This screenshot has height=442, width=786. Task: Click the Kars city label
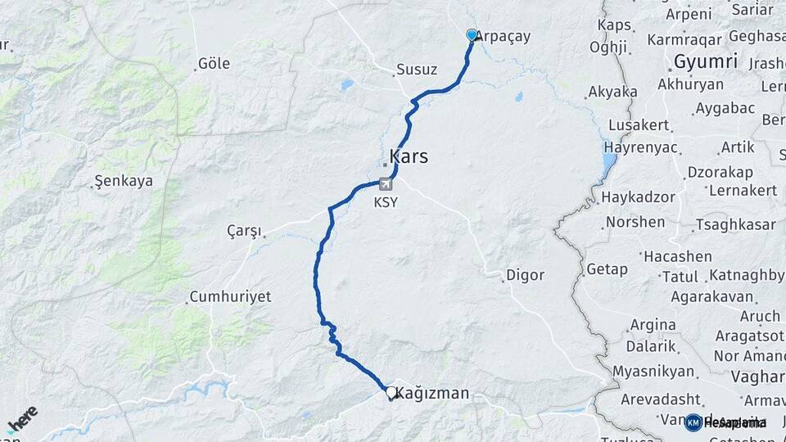pos(409,156)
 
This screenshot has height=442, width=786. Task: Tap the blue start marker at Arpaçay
pos(472,34)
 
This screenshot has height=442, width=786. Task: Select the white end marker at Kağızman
pos(391,393)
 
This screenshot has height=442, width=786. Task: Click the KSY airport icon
pos(385,185)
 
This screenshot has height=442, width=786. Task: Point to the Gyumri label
pos(705,61)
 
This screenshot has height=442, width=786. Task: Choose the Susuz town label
pos(416,70)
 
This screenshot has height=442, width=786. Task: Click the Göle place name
pos(214,64)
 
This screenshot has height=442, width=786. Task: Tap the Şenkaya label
pos(124,181)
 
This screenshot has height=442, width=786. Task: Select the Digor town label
pos(525,275)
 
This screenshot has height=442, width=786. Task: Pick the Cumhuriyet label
pos(230,296)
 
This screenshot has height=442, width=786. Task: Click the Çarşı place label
pos(243,231)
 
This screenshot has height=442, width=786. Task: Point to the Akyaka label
pos(612,92)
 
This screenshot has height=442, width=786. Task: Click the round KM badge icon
pos(693,422)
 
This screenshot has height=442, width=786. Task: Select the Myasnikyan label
pos(653,372)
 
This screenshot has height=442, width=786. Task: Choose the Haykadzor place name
pos(638,198)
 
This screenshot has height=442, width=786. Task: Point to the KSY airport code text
pos(385,202)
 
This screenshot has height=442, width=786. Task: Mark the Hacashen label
pos(677,257)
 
